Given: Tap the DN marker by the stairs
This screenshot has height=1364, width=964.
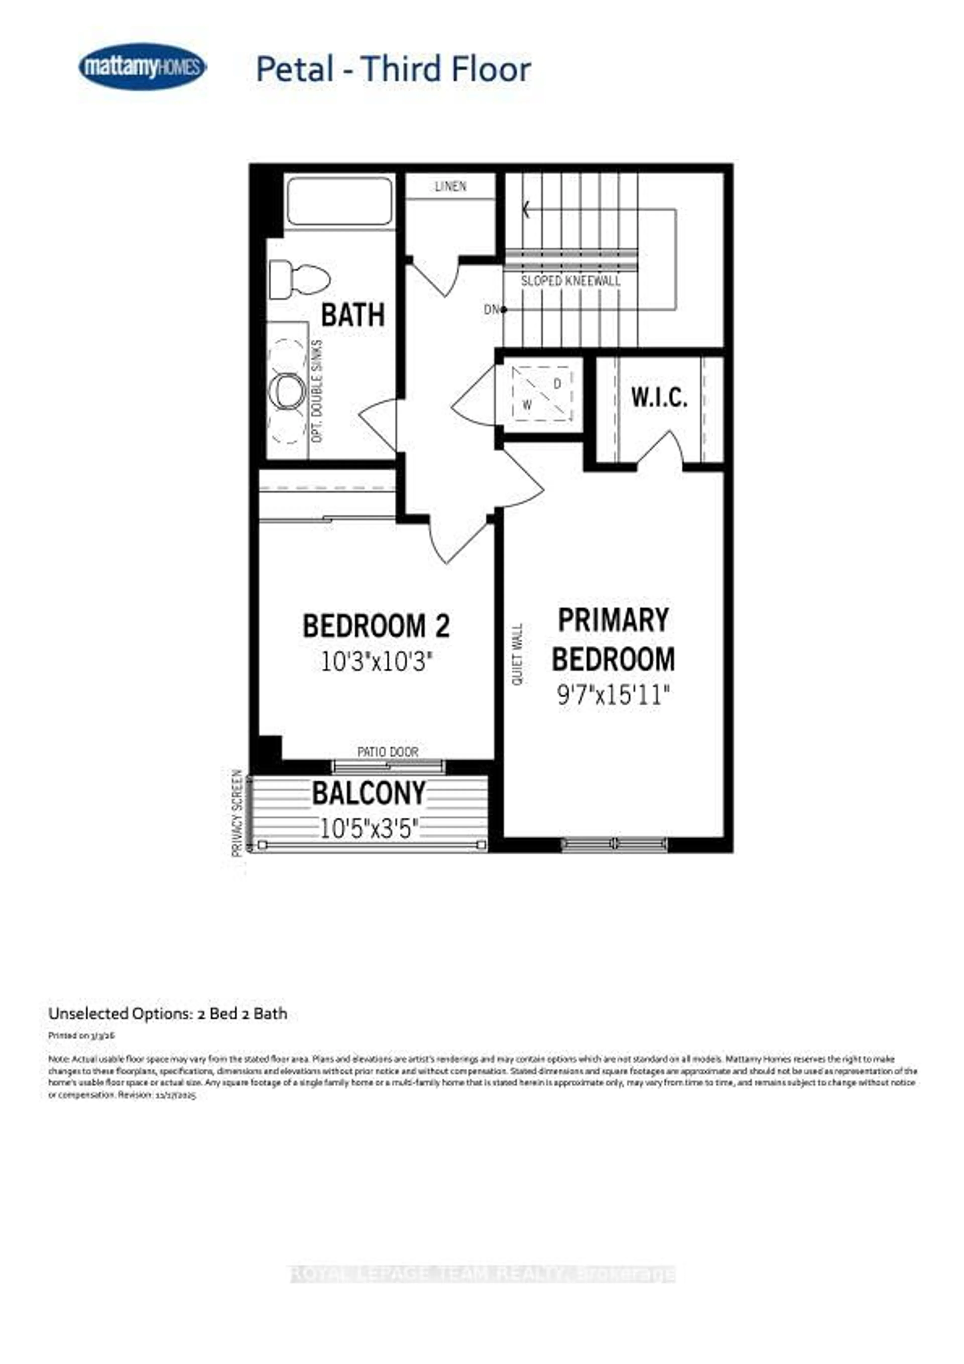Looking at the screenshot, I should (492, 309).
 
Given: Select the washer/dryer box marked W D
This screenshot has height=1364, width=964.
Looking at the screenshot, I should (542, 393).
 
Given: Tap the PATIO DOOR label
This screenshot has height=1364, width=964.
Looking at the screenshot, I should (388, 752).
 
